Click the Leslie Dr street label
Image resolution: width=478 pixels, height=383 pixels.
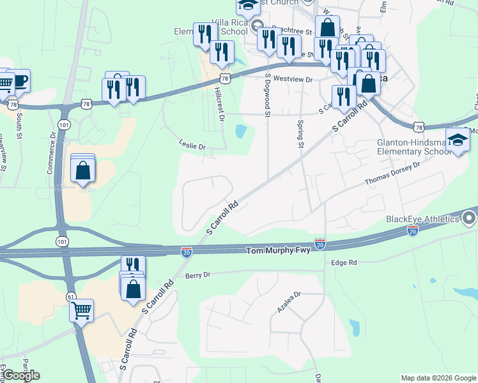click(x=192, y=146)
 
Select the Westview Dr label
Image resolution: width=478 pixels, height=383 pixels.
click(x=292, y=79)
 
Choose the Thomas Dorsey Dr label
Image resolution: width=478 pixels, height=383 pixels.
click(x=392, y=174)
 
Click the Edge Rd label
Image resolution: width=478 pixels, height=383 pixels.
click(x=344, y=262)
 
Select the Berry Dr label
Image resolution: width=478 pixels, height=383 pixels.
click(x=197, y=275)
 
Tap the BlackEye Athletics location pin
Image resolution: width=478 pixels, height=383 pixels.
click(x=470, y=219)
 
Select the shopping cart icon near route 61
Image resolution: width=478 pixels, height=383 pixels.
click(x=81, y=311)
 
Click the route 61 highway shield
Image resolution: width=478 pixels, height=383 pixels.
click(x=70, y=296)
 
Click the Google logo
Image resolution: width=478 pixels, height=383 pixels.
click(x=21, y=375)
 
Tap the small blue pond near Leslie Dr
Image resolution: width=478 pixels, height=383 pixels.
click(x=241, y=131)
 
